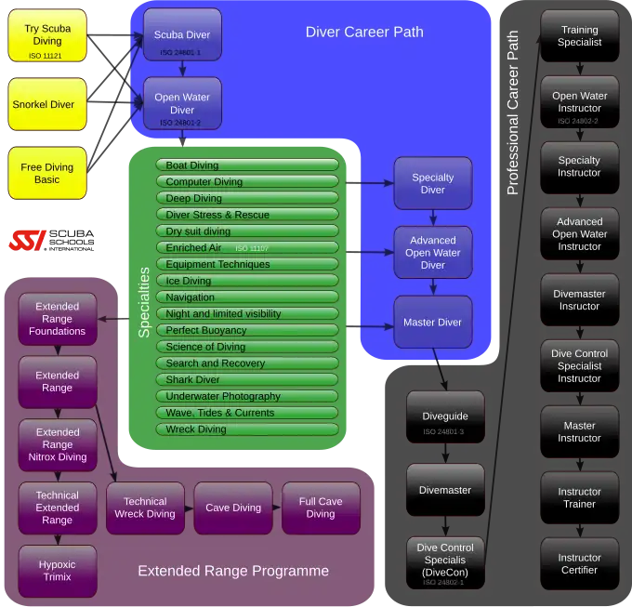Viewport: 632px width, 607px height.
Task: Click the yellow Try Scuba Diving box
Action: tap(47, 36)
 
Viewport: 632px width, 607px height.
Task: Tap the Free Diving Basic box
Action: tap(47, 174)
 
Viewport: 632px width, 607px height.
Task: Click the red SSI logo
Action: tap(28, 241)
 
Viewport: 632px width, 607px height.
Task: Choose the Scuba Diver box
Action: tap(182, 35)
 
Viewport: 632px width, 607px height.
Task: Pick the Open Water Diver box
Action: tap(182, 104)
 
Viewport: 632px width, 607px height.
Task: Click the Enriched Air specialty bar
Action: tap(248, 248)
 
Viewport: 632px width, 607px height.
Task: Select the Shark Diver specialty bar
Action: tap(248, 379)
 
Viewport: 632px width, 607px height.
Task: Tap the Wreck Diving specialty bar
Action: tap(248, 429)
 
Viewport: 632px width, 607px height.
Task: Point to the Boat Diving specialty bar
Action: tap(248, 165)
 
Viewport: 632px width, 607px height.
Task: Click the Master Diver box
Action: tap(432, 323)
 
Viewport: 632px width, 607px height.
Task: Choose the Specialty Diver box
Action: tap(432, 183)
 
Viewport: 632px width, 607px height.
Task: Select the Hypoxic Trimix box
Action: tap(58, 571)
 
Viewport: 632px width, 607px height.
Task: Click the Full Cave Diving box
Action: tap(321, 508)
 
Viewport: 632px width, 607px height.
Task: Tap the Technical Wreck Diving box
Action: tap(145, 508)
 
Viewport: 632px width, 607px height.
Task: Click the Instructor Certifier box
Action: tap(579, 564)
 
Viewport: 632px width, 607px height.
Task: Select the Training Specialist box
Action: tap(579, 36)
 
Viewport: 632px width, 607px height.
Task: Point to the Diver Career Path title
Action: tap(364, 33)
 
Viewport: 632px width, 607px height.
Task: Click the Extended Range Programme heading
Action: tap(233, 571)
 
